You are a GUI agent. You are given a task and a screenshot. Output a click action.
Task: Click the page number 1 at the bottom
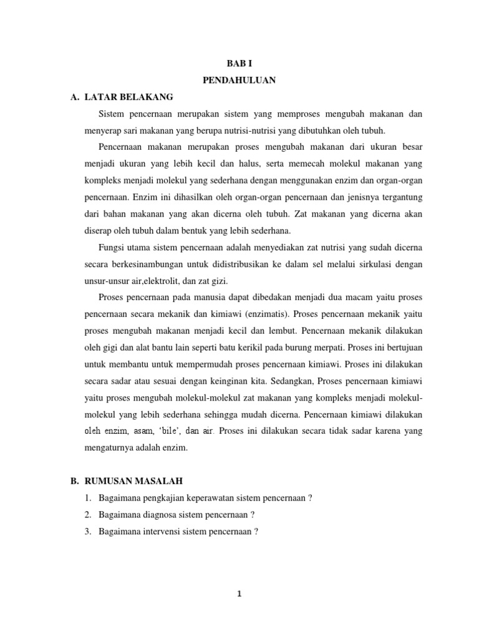coord(239,594)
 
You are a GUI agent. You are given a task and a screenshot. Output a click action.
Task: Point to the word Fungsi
coord(111,247)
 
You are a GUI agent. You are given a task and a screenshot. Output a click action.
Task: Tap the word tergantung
coord(399,197)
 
